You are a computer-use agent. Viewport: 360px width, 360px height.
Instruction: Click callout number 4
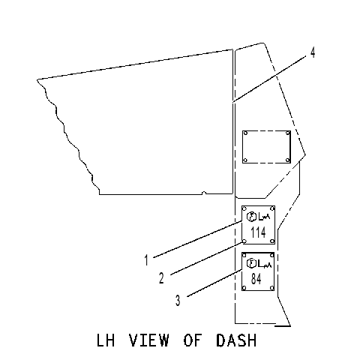point(313,52)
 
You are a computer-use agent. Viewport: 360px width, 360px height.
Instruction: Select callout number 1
point(146,259)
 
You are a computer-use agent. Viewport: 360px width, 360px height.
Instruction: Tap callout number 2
point(161,278)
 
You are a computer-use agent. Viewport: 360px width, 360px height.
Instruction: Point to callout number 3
point(178,301)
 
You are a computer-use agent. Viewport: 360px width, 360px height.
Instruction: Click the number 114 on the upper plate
point(258,232)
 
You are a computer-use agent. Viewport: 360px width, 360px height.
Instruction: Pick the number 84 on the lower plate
point(256,279)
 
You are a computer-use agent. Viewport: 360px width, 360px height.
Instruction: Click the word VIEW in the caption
point(149,340)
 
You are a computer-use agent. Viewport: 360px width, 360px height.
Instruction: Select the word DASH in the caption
point(236,340)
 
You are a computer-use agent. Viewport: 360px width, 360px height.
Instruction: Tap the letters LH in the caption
point(106,340)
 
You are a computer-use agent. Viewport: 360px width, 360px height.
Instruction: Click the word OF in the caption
point(192,340)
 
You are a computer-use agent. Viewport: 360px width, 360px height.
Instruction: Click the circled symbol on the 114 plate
point(251,217)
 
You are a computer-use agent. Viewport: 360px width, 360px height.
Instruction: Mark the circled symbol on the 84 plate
point(251,263)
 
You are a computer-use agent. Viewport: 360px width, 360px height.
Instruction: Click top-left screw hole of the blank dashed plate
point(245,133)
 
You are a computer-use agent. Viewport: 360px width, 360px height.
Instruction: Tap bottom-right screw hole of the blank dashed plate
point(287,160)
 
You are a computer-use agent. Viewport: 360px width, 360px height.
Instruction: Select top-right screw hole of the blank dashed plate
point(288,133)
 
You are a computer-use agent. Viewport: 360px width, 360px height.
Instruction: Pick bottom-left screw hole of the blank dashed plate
point(245,160)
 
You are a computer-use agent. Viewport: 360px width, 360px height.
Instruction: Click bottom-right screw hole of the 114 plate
point(272,241)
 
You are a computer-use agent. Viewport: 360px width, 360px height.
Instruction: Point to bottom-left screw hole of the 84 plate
point(244,288)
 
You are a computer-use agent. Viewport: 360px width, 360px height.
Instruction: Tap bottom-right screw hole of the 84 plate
point(271,288)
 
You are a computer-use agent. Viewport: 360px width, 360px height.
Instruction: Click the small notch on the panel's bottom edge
point(204,193)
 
